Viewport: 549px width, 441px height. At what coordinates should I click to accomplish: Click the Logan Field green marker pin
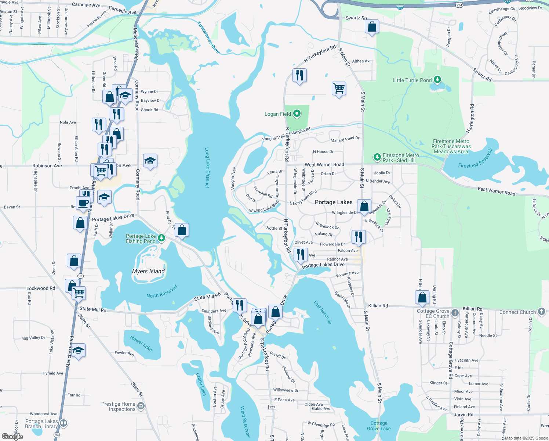pyautogui.click(x=297, y=114)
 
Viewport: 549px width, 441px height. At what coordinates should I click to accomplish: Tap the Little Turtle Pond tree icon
pyautogui.click(x=437, y=80)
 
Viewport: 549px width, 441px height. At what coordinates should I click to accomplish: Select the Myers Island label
pyautogui.click(x=148, y=271)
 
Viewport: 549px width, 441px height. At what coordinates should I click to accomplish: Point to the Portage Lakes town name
pyautogui.click(x=334, y=202)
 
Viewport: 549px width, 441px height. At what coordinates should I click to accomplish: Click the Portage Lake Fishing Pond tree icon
pyautogui.click(x=161, y=239)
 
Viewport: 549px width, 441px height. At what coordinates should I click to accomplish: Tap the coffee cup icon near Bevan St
pyautogui.click(x=83, y=203)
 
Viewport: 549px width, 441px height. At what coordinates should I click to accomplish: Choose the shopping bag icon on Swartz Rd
pyautogui.click(x=372, y=26)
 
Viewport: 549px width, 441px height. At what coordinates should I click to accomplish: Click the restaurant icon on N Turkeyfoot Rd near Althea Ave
pyautogui.click(x=299, y=75)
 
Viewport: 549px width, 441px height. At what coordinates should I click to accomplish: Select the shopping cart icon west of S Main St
pyautogui.click(x=339, y=88)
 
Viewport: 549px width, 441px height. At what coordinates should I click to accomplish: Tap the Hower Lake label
pyautogui.click(x=141, y=343)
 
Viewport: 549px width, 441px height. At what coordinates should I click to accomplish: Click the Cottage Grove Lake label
pyautogui.click(x=379, y=426)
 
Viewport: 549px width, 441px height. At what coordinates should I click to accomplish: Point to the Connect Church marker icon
pyautogui.click(x=542, y=312)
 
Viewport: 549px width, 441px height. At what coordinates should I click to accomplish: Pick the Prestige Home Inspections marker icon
pyautogui.click(x=141, y=406)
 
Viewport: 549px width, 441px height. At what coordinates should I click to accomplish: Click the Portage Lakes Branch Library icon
pyautogui.click(x=63, y=423)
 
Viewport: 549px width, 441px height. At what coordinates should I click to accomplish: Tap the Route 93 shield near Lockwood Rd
pyautogui.click(x=80, y=276)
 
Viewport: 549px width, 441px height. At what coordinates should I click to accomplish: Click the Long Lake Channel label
pyautogui.click(x=207, y=168)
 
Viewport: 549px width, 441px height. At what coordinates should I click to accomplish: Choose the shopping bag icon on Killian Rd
pyautogui.click(x=422, y=297)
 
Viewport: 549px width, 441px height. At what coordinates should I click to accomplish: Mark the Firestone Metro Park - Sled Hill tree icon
pyautogui.click(x=377, y=157)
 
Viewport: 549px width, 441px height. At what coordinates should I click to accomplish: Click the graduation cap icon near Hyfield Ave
pyautogui.click(x=78, y=351)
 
